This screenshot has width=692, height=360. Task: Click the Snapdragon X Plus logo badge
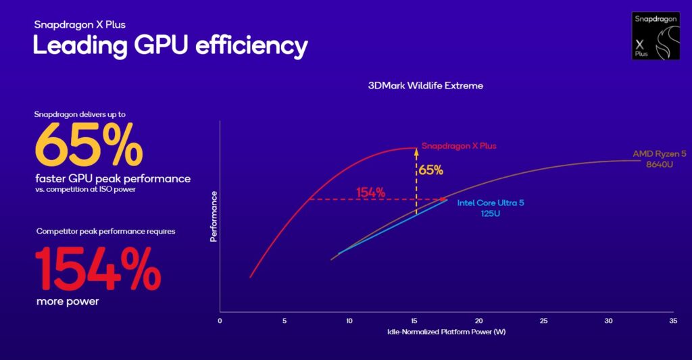coord(656,35)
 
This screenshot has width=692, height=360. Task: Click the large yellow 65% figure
coord(89,144)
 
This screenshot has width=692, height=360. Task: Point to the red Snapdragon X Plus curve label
coord(454,145)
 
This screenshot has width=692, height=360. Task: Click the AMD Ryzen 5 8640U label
coord(659,159)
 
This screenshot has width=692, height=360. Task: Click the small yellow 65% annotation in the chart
coord(430,170)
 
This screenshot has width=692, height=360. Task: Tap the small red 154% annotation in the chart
coord(370,192)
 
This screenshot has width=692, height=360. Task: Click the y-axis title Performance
coord(214,216)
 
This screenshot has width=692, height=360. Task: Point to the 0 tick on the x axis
coord(220,320)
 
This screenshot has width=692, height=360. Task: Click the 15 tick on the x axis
coord(414,320)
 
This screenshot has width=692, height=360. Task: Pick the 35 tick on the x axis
coord(672,320)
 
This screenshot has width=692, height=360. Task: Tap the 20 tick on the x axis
coord(478,320)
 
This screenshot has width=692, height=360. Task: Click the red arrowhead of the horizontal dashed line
coord(443,199)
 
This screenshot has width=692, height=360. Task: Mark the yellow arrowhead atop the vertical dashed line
coord(416,153)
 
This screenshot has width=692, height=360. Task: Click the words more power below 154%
coord(68,301)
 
